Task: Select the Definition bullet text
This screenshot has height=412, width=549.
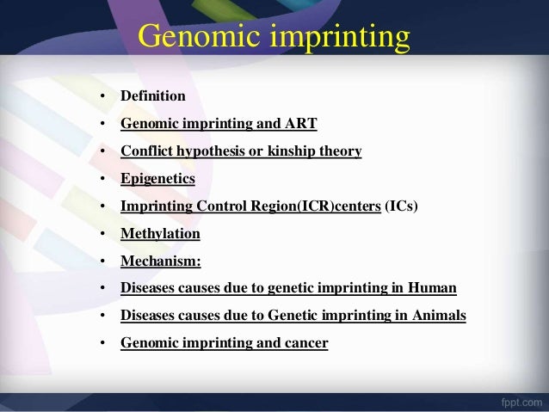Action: (x=152, y=96)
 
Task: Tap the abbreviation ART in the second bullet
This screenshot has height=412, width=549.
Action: (x=300, y=124)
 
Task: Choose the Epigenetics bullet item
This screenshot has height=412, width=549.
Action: (x=157, y=179)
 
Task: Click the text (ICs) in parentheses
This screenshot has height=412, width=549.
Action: (x=401, y=206)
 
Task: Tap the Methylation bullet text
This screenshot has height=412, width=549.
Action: (x=160, y=234)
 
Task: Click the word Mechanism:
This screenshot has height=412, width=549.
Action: (x=160, y=261)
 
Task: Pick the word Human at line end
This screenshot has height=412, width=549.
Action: (x=435, y=288)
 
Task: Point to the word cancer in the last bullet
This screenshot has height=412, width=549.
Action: (x=305, y=343)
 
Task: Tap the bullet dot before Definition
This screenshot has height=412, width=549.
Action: (x=102, y=97)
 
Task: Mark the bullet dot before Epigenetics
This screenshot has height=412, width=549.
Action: (x=102, y=180)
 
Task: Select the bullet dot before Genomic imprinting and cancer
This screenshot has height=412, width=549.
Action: (x=102, y=344)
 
